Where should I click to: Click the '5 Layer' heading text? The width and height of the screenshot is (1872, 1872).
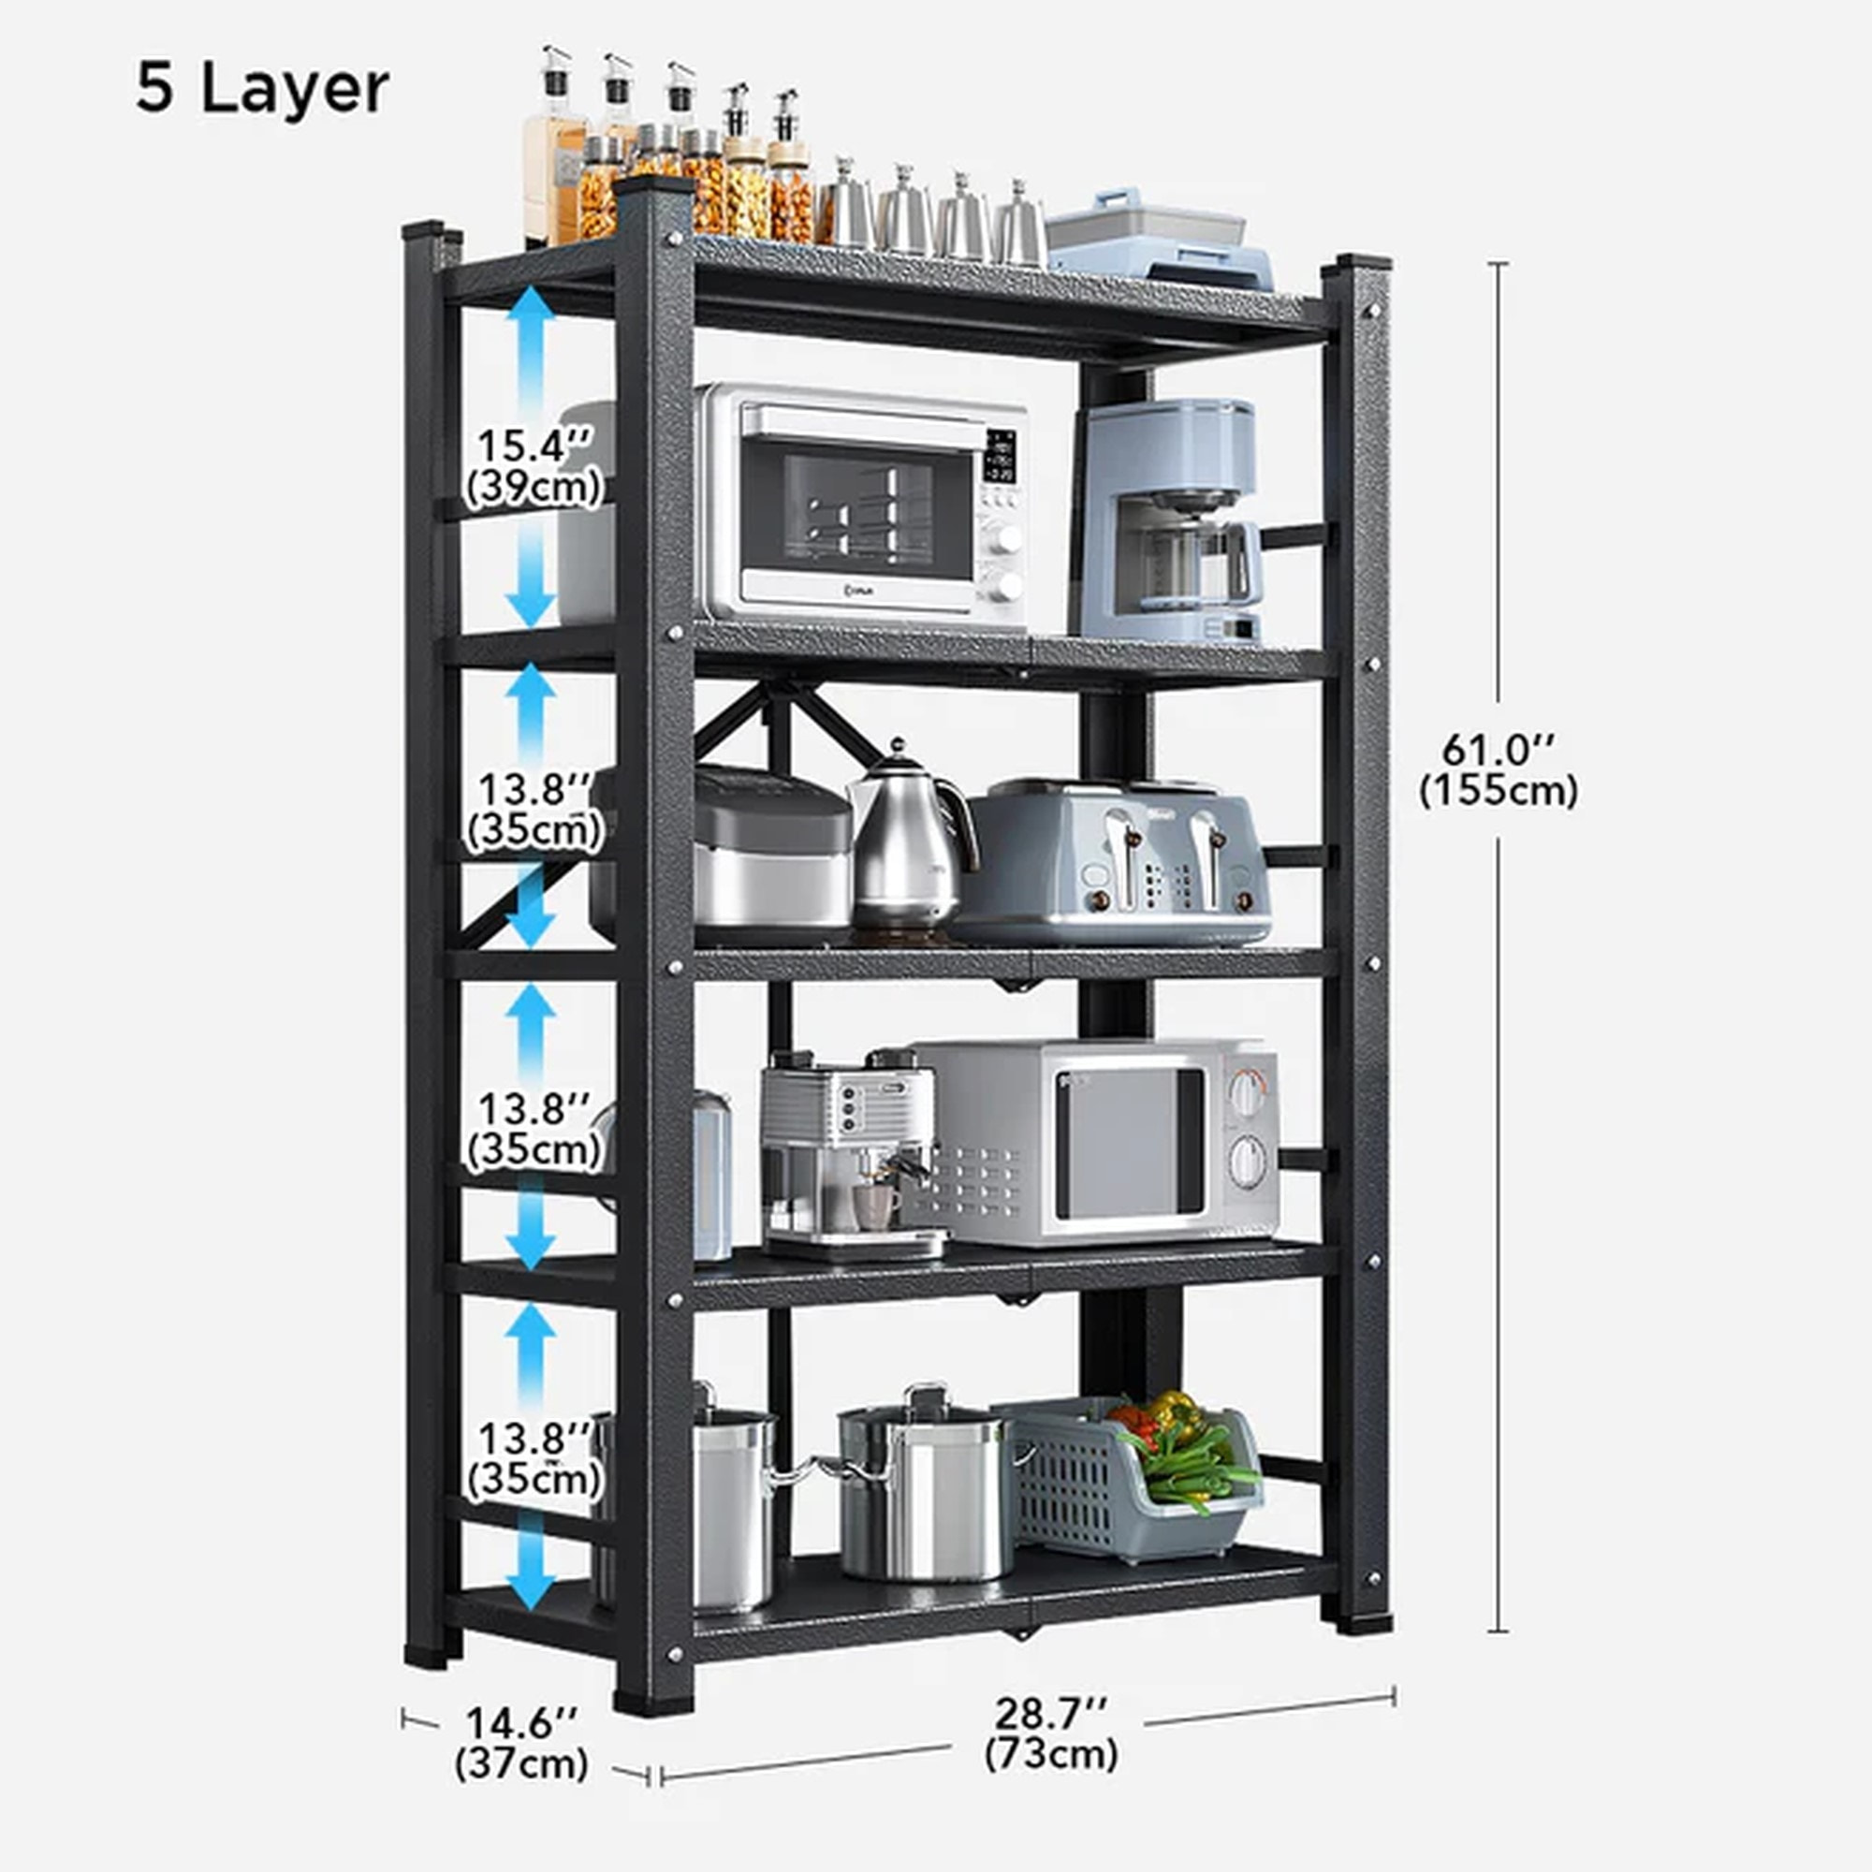coord(262,89)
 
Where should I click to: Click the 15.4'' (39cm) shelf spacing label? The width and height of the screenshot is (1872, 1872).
coord(534,466)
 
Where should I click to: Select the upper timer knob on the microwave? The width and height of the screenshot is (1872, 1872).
coord(1248,1093)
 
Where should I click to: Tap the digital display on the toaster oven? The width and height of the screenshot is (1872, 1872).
coord(1000,456)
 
